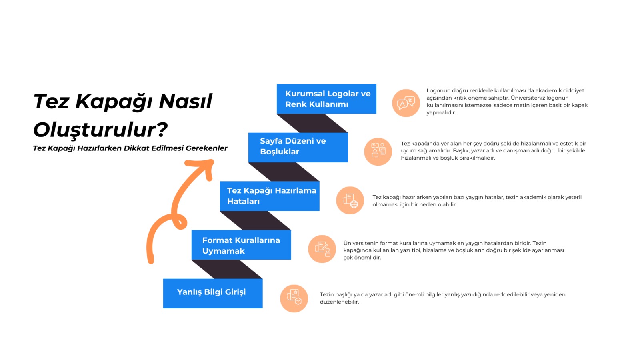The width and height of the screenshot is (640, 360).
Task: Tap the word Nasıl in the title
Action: coord(186,101)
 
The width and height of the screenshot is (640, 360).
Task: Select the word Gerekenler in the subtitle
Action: coord(206,148)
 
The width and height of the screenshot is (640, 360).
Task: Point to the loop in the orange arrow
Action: coord(180,222)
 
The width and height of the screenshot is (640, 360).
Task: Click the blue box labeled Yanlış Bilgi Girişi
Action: coord(212,294)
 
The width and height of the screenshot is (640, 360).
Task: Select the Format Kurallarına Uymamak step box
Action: coord(241,245)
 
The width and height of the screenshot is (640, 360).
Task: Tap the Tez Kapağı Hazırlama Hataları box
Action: coord(270,196)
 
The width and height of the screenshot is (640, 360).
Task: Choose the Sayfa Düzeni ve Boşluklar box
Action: coord(298,148)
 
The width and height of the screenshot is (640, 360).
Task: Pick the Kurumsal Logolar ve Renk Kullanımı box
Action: coord(326,99)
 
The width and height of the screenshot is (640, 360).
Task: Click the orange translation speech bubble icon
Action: coord(406,103)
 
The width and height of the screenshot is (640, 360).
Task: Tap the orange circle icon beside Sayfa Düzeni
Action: coord(378,152)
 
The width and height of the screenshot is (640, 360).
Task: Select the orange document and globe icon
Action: coord(350,200)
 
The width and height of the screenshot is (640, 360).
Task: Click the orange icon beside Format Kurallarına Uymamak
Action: coord(322,249)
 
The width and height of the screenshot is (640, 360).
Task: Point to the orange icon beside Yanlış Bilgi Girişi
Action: coord(294,298)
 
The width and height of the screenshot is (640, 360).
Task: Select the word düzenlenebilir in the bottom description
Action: coord(339,302)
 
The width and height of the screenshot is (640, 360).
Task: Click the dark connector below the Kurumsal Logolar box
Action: coord(312,123)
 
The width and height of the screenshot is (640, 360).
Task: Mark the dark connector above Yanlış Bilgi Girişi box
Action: coord(227,269)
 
